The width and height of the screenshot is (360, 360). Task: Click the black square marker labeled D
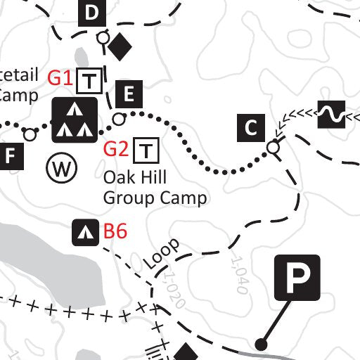tap(92, 13)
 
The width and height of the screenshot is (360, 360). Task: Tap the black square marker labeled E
tap(129, 93)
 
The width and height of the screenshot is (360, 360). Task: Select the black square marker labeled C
tap(250, 127)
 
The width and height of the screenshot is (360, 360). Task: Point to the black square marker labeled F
tap(10, 156)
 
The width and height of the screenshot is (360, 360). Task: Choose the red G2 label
tap(116, 149)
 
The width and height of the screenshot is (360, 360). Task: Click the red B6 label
tap(115, 231)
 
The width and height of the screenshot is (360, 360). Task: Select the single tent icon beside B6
tap(86, 231)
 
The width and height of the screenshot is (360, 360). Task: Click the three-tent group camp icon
tap(74, 120)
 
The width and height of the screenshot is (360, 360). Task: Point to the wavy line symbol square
tap(331, 115)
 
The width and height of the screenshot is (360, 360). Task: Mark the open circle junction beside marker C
tap(273, 148)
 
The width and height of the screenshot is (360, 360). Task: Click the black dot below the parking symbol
tap(262, 345)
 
